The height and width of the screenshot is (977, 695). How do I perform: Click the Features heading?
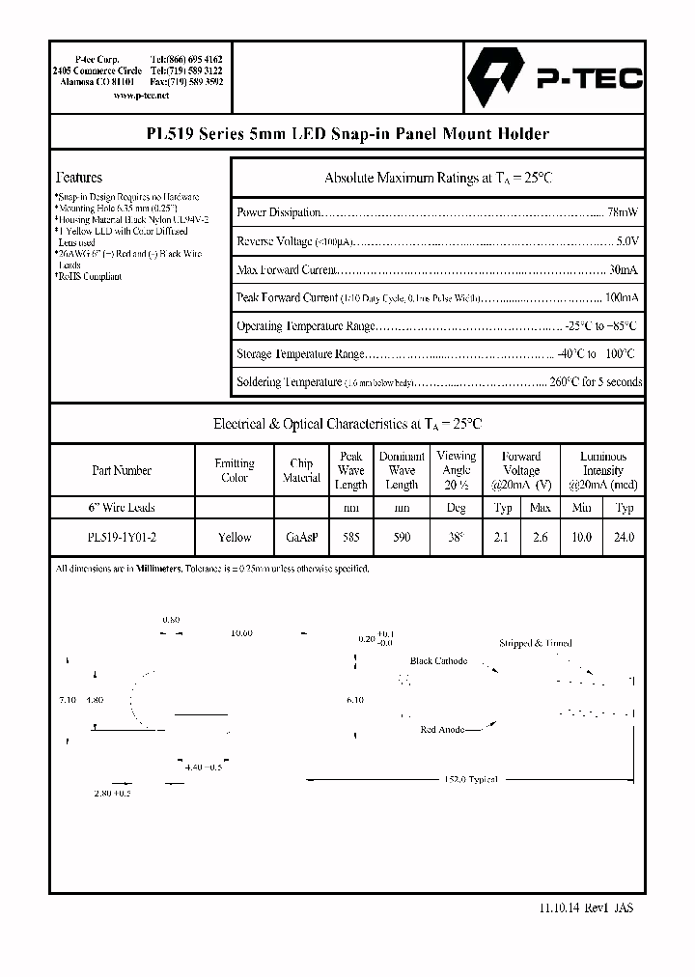point(79,178)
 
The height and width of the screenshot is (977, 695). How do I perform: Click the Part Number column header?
point(122,470)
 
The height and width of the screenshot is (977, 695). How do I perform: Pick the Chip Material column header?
point(301,470)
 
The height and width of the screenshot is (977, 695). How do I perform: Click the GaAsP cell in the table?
point(301,538)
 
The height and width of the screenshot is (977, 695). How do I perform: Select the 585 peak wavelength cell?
point(350,538)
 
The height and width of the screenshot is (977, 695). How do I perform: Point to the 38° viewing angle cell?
point(456,538)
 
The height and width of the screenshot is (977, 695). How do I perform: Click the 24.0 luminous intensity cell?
point(625,538)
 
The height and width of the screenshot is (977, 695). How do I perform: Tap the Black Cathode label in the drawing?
point(438,661)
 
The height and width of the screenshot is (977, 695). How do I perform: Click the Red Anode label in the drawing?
point(444,730)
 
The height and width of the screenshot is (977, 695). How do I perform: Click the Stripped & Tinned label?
point(535,643)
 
